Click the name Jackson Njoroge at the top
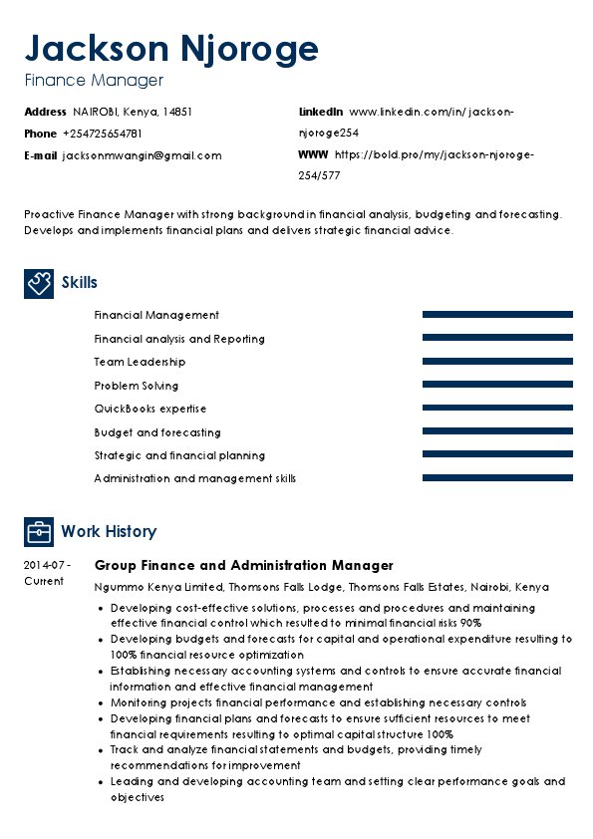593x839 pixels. (x=171, y=48)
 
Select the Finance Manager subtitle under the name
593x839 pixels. (x=94, y=81)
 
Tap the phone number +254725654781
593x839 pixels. (x=102, y=134)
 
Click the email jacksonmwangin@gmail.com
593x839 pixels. (x=142, y=155)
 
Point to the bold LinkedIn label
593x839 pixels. (x=321, y=112)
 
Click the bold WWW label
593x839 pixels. (x=313, y=155)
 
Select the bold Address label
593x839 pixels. (x=45, y=112)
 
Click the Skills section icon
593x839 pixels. (x=39, y=283)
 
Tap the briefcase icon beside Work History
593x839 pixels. (x=39, y=531)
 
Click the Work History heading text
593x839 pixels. (x=109, y=532)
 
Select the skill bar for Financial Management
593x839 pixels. (x=497, y=315)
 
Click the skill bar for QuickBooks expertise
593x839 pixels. (x=497, y=409)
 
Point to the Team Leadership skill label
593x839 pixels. (x=140, y=362)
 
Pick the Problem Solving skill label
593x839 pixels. (x=137, y=386)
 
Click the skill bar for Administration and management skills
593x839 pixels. (x=497, y=478)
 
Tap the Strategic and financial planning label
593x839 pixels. (x=179, y=455)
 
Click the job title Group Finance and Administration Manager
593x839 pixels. (x=243, y=565)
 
